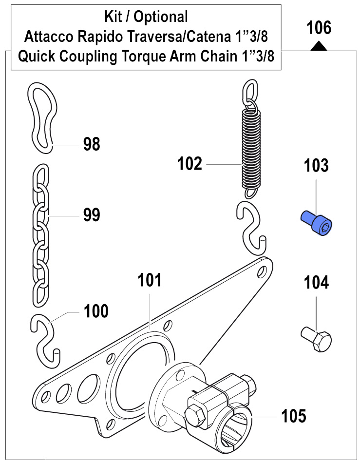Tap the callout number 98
click(x=92, y=144)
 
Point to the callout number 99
click(x=92, y=214)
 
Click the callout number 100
click(x=96, y=311)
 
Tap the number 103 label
click(x=317, y=166)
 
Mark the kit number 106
click(x=319, y=28)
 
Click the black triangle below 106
click(x=319, y=46)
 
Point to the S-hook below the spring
click(x=251, y=227)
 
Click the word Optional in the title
click(x=161, y=18)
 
